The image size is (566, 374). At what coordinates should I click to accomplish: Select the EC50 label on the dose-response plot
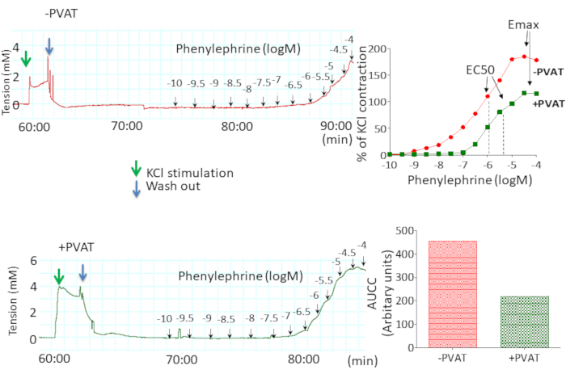coord(482,70)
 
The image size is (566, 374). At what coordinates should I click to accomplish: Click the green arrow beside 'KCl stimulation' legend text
coord(135,171)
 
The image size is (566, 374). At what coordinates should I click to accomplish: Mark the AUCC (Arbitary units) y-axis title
coord(383,286)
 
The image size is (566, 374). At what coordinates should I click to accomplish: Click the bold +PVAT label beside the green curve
coord(548,103)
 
